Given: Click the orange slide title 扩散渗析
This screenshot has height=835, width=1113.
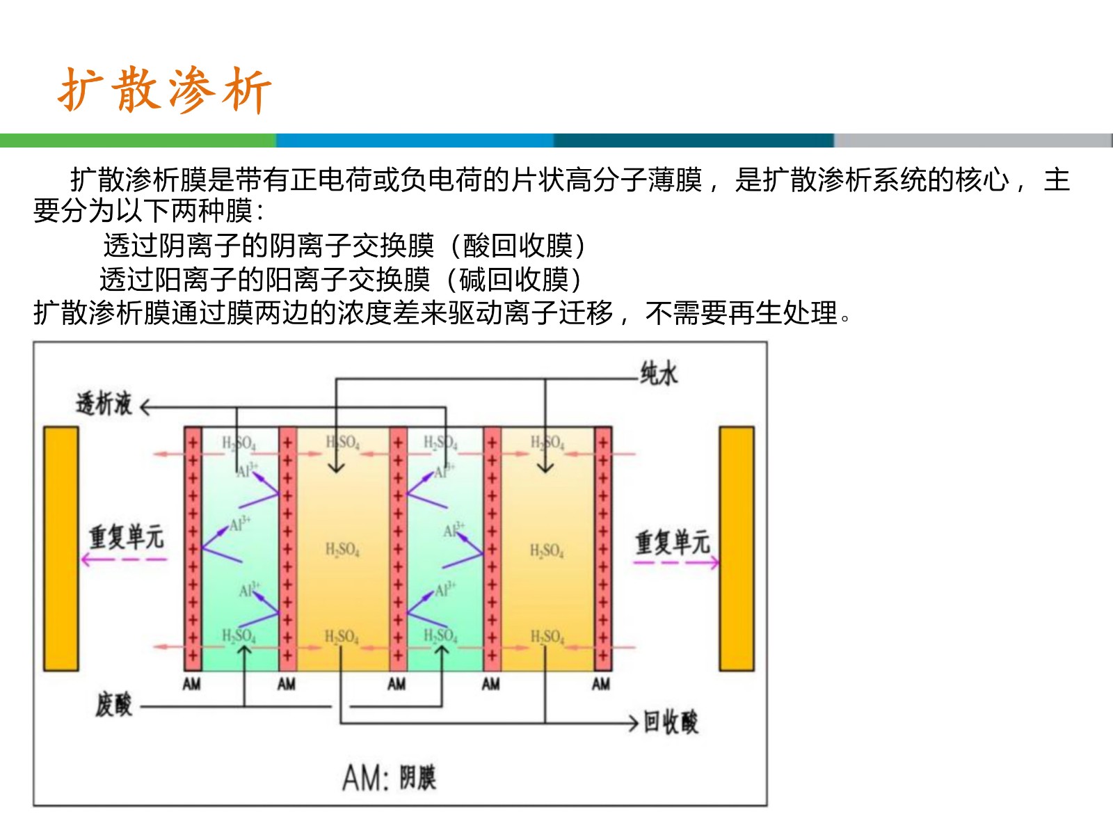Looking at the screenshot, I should click(164, 90).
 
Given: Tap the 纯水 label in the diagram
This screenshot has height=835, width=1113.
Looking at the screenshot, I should click(658, 374).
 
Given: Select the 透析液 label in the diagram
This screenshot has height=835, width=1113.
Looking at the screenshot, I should click(104, 404).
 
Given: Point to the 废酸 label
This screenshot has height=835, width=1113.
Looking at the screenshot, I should click(114, 704).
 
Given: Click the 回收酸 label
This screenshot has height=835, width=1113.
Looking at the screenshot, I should click(671, 722).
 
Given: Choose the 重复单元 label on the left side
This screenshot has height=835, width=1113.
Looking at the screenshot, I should click(126, 536).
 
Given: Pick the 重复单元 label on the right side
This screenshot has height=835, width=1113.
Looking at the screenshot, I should click(672, 541).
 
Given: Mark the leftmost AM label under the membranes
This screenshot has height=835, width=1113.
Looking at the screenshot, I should click(192, 685).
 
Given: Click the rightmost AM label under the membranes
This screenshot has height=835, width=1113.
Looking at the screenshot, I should click(601, 685).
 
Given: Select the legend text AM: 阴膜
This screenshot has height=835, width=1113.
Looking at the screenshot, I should click(389, 778).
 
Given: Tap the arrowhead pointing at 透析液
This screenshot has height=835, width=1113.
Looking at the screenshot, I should click(145, 407).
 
